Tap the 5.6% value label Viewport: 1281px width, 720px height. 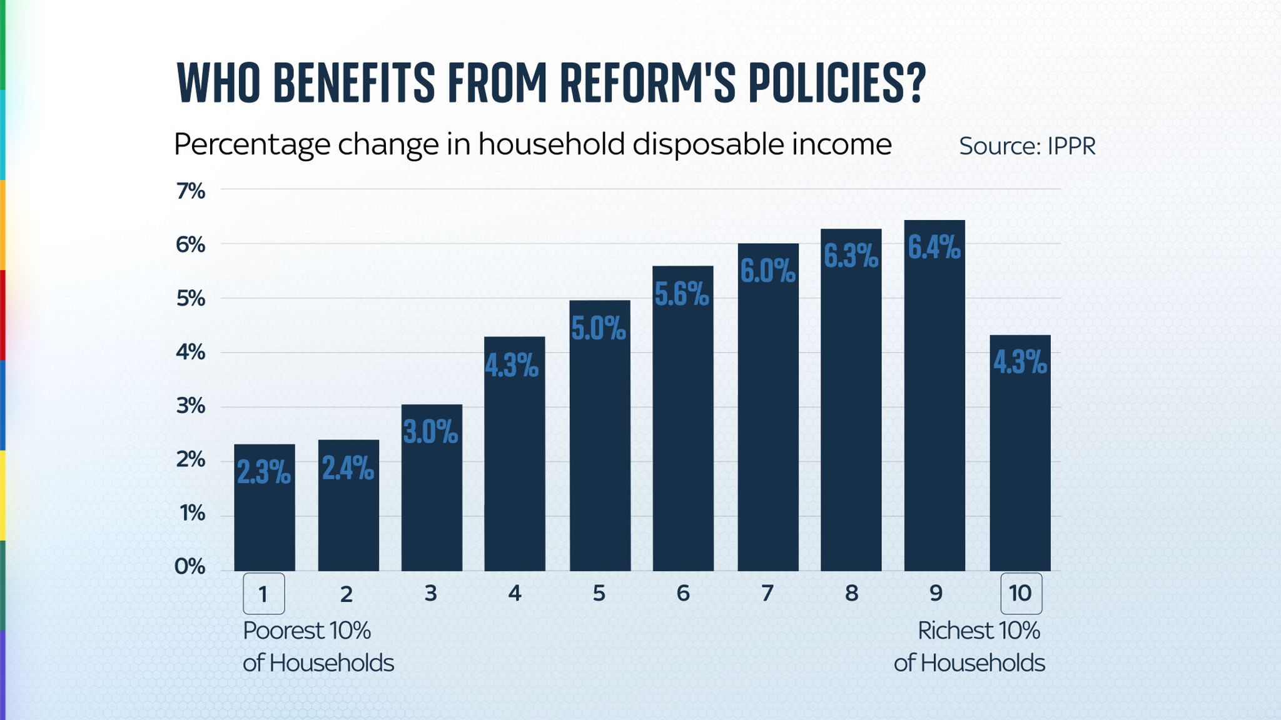point(682,294)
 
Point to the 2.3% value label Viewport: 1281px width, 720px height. point(263,472)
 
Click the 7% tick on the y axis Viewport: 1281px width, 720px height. point(190,191)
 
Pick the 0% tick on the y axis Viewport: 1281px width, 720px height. point(190,566)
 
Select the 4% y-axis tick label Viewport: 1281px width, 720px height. point(190,352)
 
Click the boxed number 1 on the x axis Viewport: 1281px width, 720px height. point(263,593)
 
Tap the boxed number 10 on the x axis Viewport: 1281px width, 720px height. point(1020,592)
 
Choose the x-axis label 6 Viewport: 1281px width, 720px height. point(682,592)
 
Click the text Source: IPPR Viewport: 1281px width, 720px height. point(1027,146)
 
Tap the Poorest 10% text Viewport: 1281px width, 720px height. point(306,631)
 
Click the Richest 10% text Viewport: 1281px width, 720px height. point(978,631)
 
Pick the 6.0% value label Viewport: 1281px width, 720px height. point(767,271)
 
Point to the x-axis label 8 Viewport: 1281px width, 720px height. point(851,592)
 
